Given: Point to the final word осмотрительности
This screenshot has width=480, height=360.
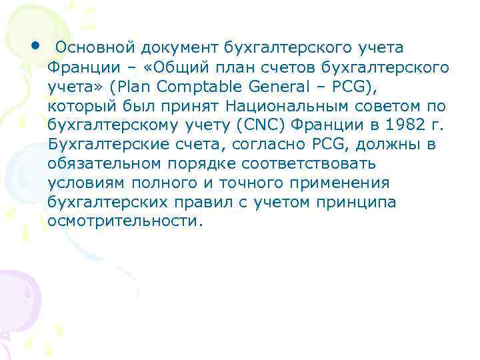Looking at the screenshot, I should (x=123, y=221).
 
